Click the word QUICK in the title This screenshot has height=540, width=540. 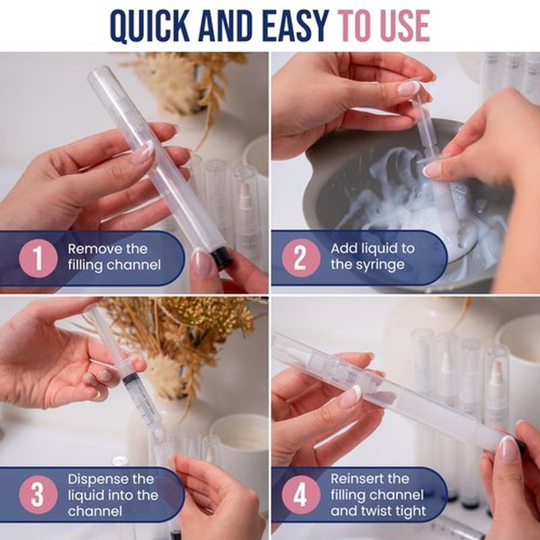point(150,26)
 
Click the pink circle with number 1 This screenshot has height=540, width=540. point(38,258)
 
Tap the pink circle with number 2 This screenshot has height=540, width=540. point(301,258)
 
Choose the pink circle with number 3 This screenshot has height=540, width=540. point(38,495)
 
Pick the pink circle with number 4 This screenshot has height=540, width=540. point(301,495)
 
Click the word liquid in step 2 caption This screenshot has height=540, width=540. point(381,249)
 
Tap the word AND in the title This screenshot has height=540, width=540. point(226,26)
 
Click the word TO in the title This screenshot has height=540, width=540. point(356,26)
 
